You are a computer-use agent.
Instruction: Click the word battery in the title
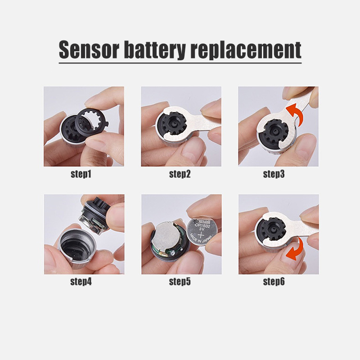(x=154, y=49)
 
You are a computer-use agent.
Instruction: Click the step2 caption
(x=180, y=174)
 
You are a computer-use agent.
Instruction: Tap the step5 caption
(x=180, y=282)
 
